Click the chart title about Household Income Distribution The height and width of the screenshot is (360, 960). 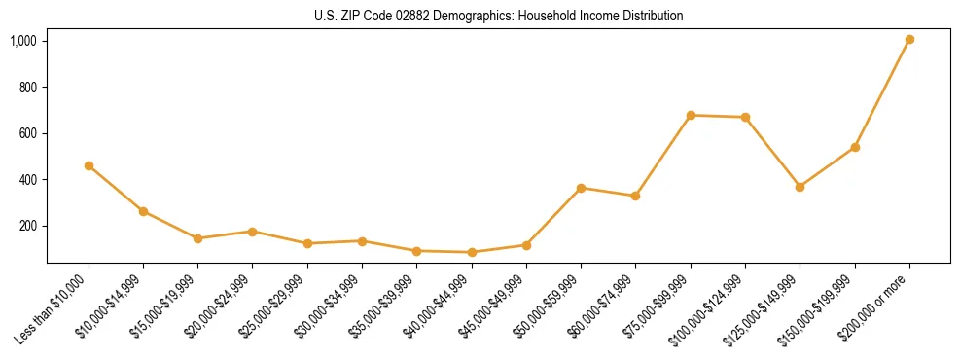(498, 17)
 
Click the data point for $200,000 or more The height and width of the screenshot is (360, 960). (909, 40)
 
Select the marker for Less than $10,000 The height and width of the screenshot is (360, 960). (89, 166)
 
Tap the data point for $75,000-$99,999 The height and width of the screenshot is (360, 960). (691, 116)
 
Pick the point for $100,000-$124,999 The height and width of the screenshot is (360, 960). (745, 118)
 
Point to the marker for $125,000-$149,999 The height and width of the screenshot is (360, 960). (800, 187)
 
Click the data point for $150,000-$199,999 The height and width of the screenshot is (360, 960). (855, 148)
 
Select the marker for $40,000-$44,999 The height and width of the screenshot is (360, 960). (472, 253)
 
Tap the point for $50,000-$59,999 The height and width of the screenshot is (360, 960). (581, 188)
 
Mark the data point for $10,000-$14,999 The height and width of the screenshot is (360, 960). (143, 211)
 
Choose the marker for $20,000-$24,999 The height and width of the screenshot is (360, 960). (252, 232)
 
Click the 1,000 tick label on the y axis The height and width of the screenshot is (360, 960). (23, 41)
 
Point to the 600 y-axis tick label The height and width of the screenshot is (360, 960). (28, 133)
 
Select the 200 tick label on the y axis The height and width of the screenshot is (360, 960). (28, 226)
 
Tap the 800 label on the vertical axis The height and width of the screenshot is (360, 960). (28, 87)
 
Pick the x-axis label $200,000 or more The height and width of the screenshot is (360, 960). (879, 303)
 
